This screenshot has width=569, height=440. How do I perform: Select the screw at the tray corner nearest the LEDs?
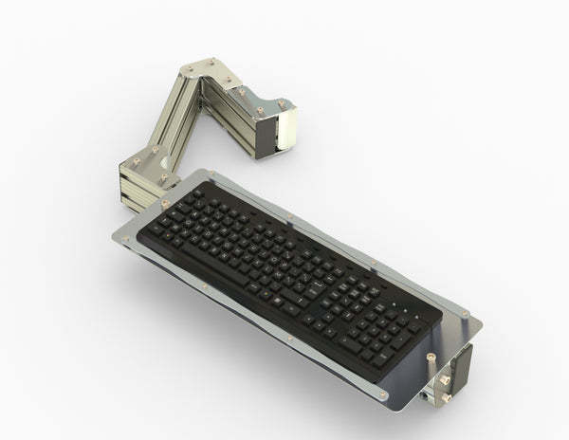pos(464,314)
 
